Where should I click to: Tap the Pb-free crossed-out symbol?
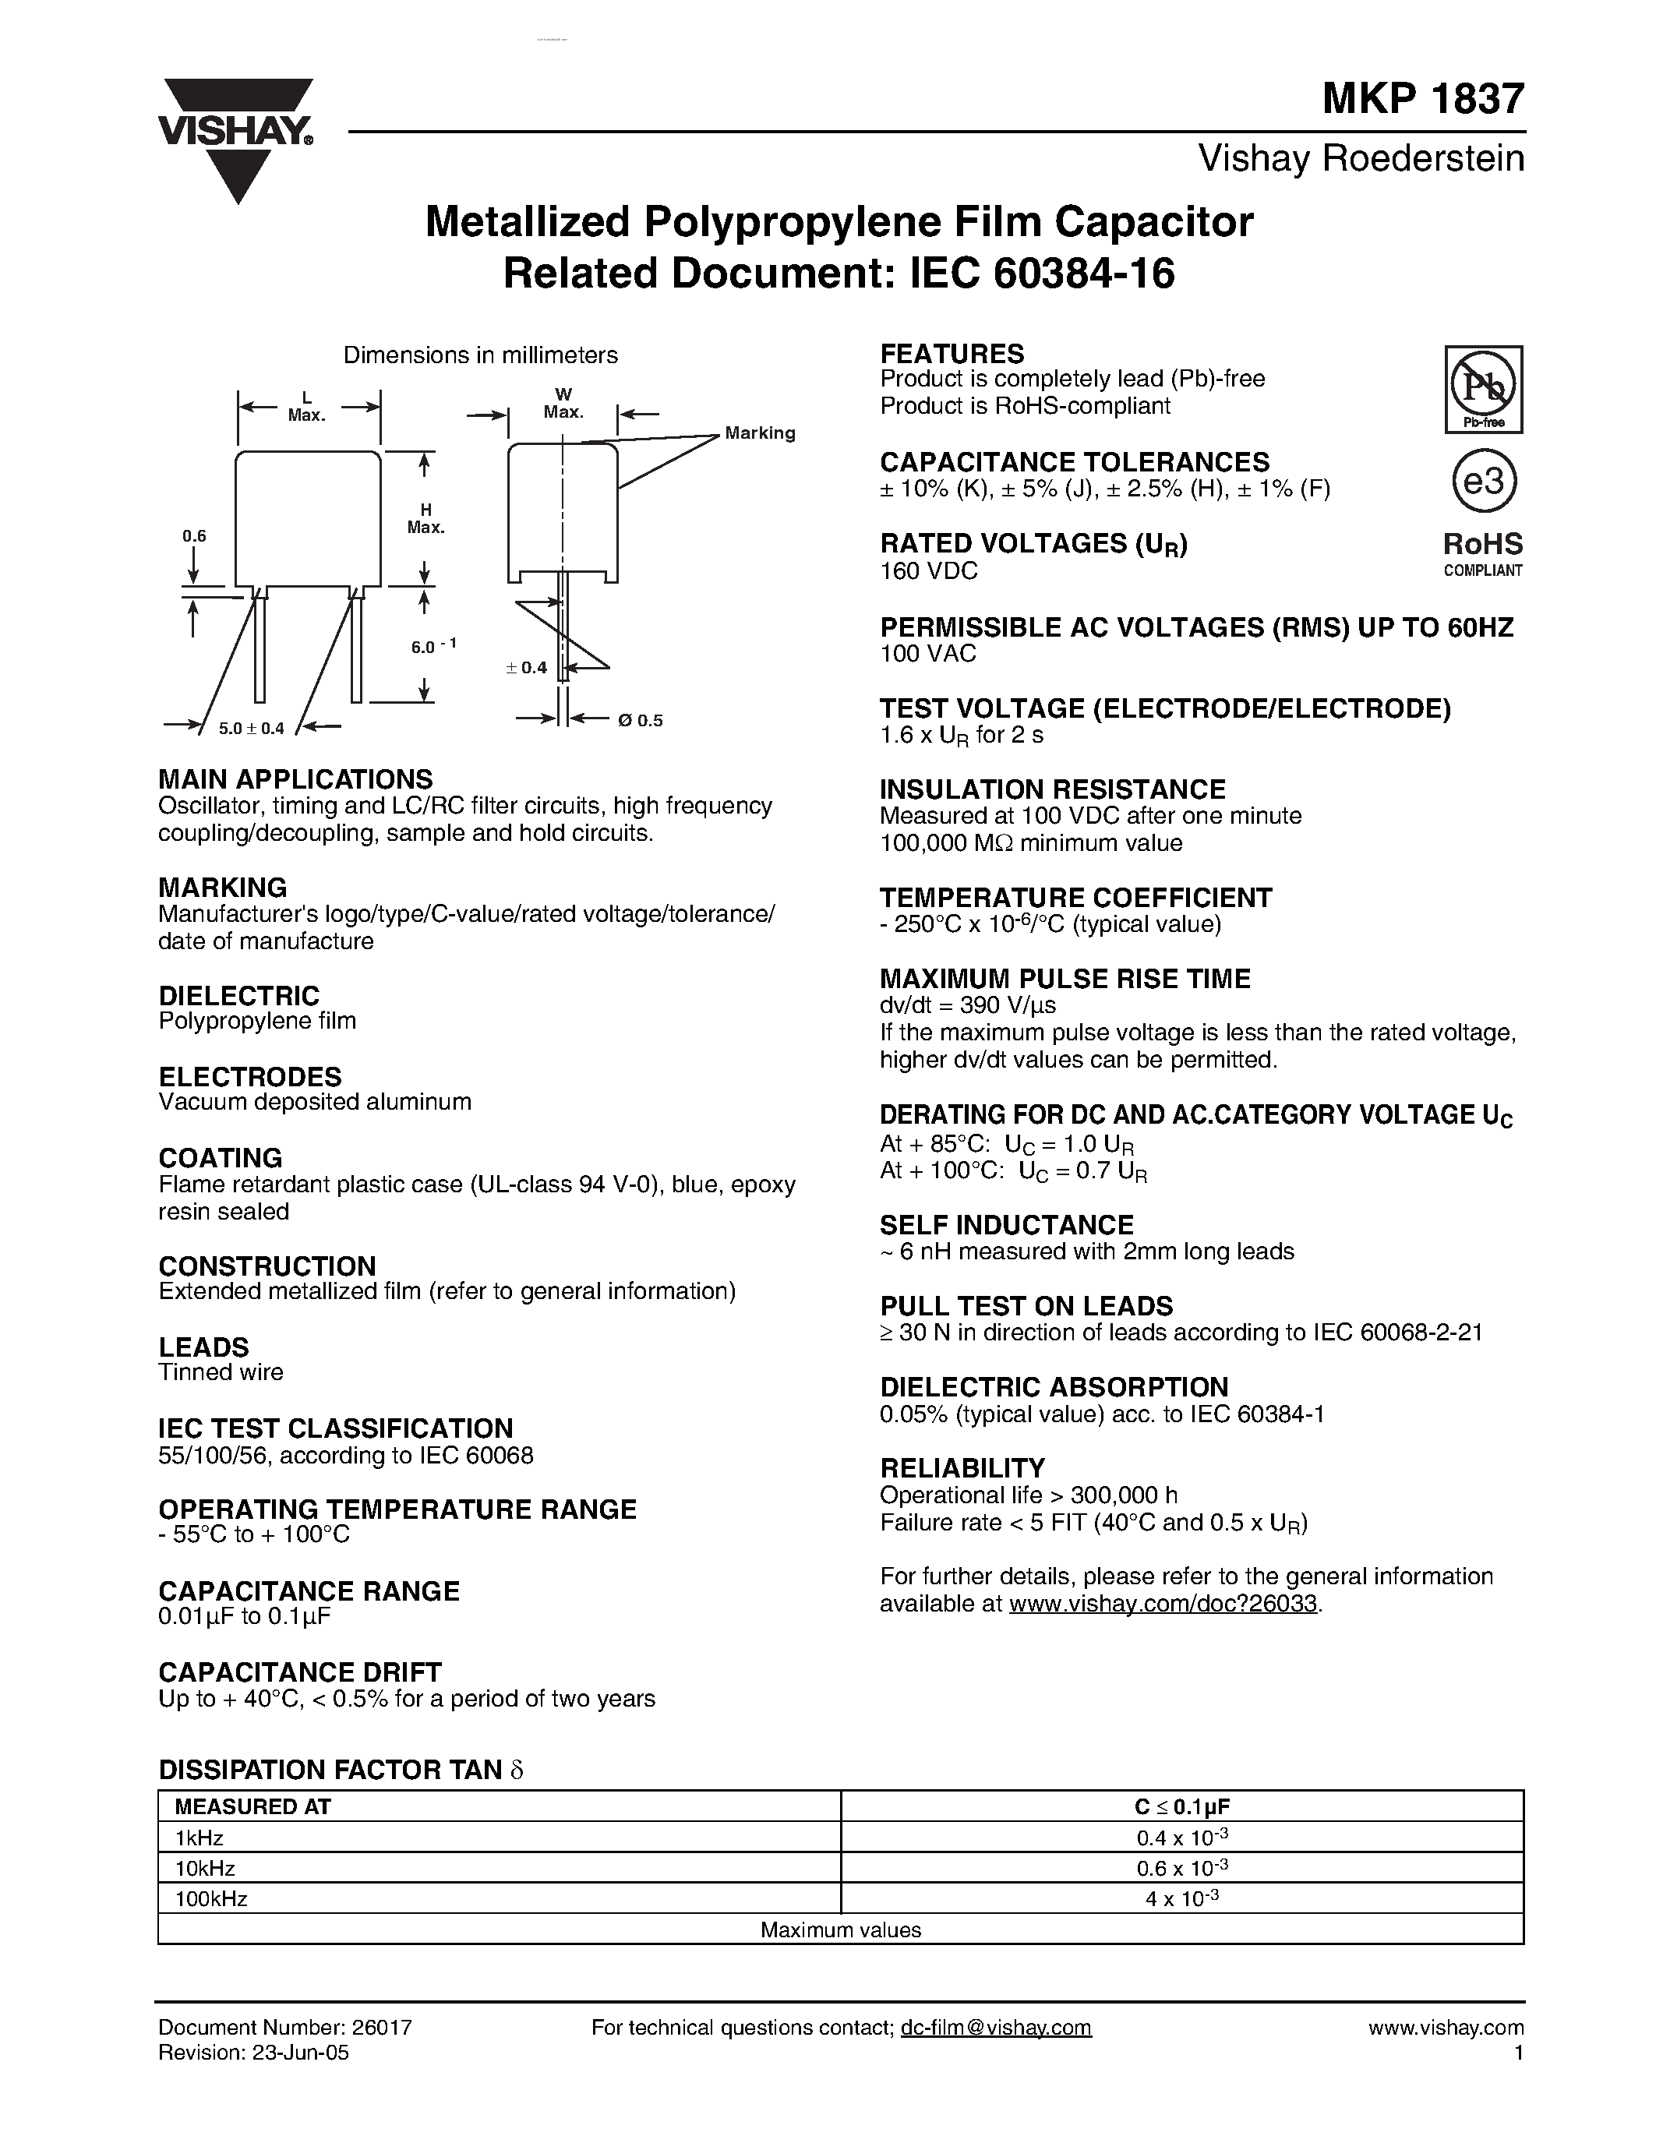[x=1483, y=389]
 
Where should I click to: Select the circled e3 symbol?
[x=1483, y=482]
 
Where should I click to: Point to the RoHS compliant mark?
[x=1482, y=553]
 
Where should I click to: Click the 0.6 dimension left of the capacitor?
[x=194, y=536]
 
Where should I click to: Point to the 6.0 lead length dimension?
[x=433, y=647]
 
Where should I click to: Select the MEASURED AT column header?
[x=253, y=1806]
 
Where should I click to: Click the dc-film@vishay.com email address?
[x=996, y=2027]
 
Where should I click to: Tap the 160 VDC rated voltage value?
[x=928, y=571]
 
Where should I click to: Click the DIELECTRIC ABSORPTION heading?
[x=1054, y=1387]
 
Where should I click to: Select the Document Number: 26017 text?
[x=284, y=2027]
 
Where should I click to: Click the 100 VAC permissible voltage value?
[x=928, y=654]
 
